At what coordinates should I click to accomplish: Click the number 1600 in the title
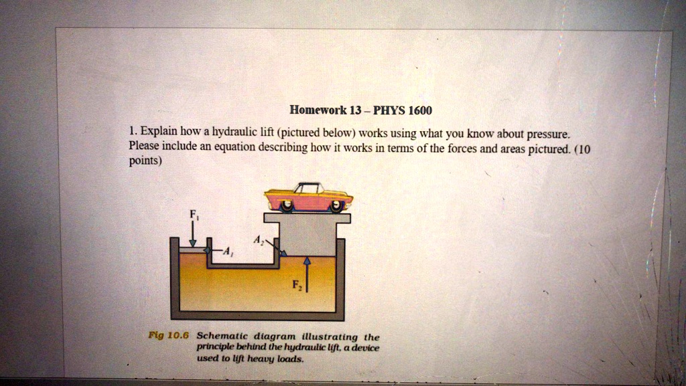420,110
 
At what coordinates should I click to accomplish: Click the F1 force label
192,216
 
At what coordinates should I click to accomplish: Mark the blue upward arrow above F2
307,274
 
